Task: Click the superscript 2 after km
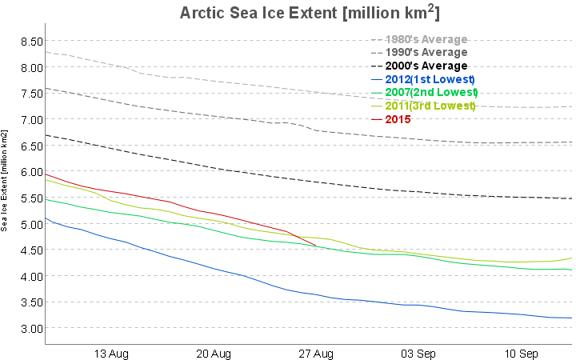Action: click(432, 8)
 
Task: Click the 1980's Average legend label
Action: click(426, 39)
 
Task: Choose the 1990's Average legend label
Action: click(426, 52)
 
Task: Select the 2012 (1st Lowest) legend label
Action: click(430, 79)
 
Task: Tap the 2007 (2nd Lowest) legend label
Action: click(431, 93)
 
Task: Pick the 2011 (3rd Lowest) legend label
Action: click(430, 106)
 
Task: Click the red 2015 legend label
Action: click(398, 119)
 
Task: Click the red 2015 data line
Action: click(160, 200)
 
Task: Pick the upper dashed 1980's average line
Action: click(200, 79)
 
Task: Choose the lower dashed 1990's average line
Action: click(200, 114)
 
